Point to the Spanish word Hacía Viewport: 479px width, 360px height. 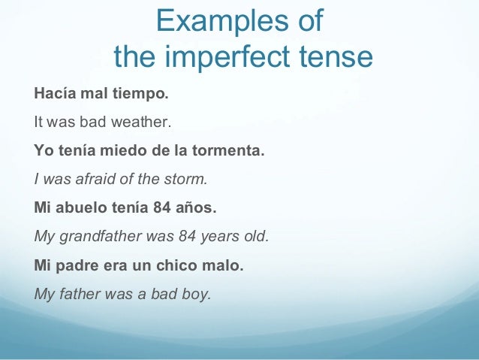click(53, 96)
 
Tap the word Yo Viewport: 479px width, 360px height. click(44, 150)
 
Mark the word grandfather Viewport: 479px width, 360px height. click(101, 237)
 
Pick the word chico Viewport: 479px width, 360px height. click(182, 266)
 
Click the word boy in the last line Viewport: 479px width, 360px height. click(197, 294)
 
